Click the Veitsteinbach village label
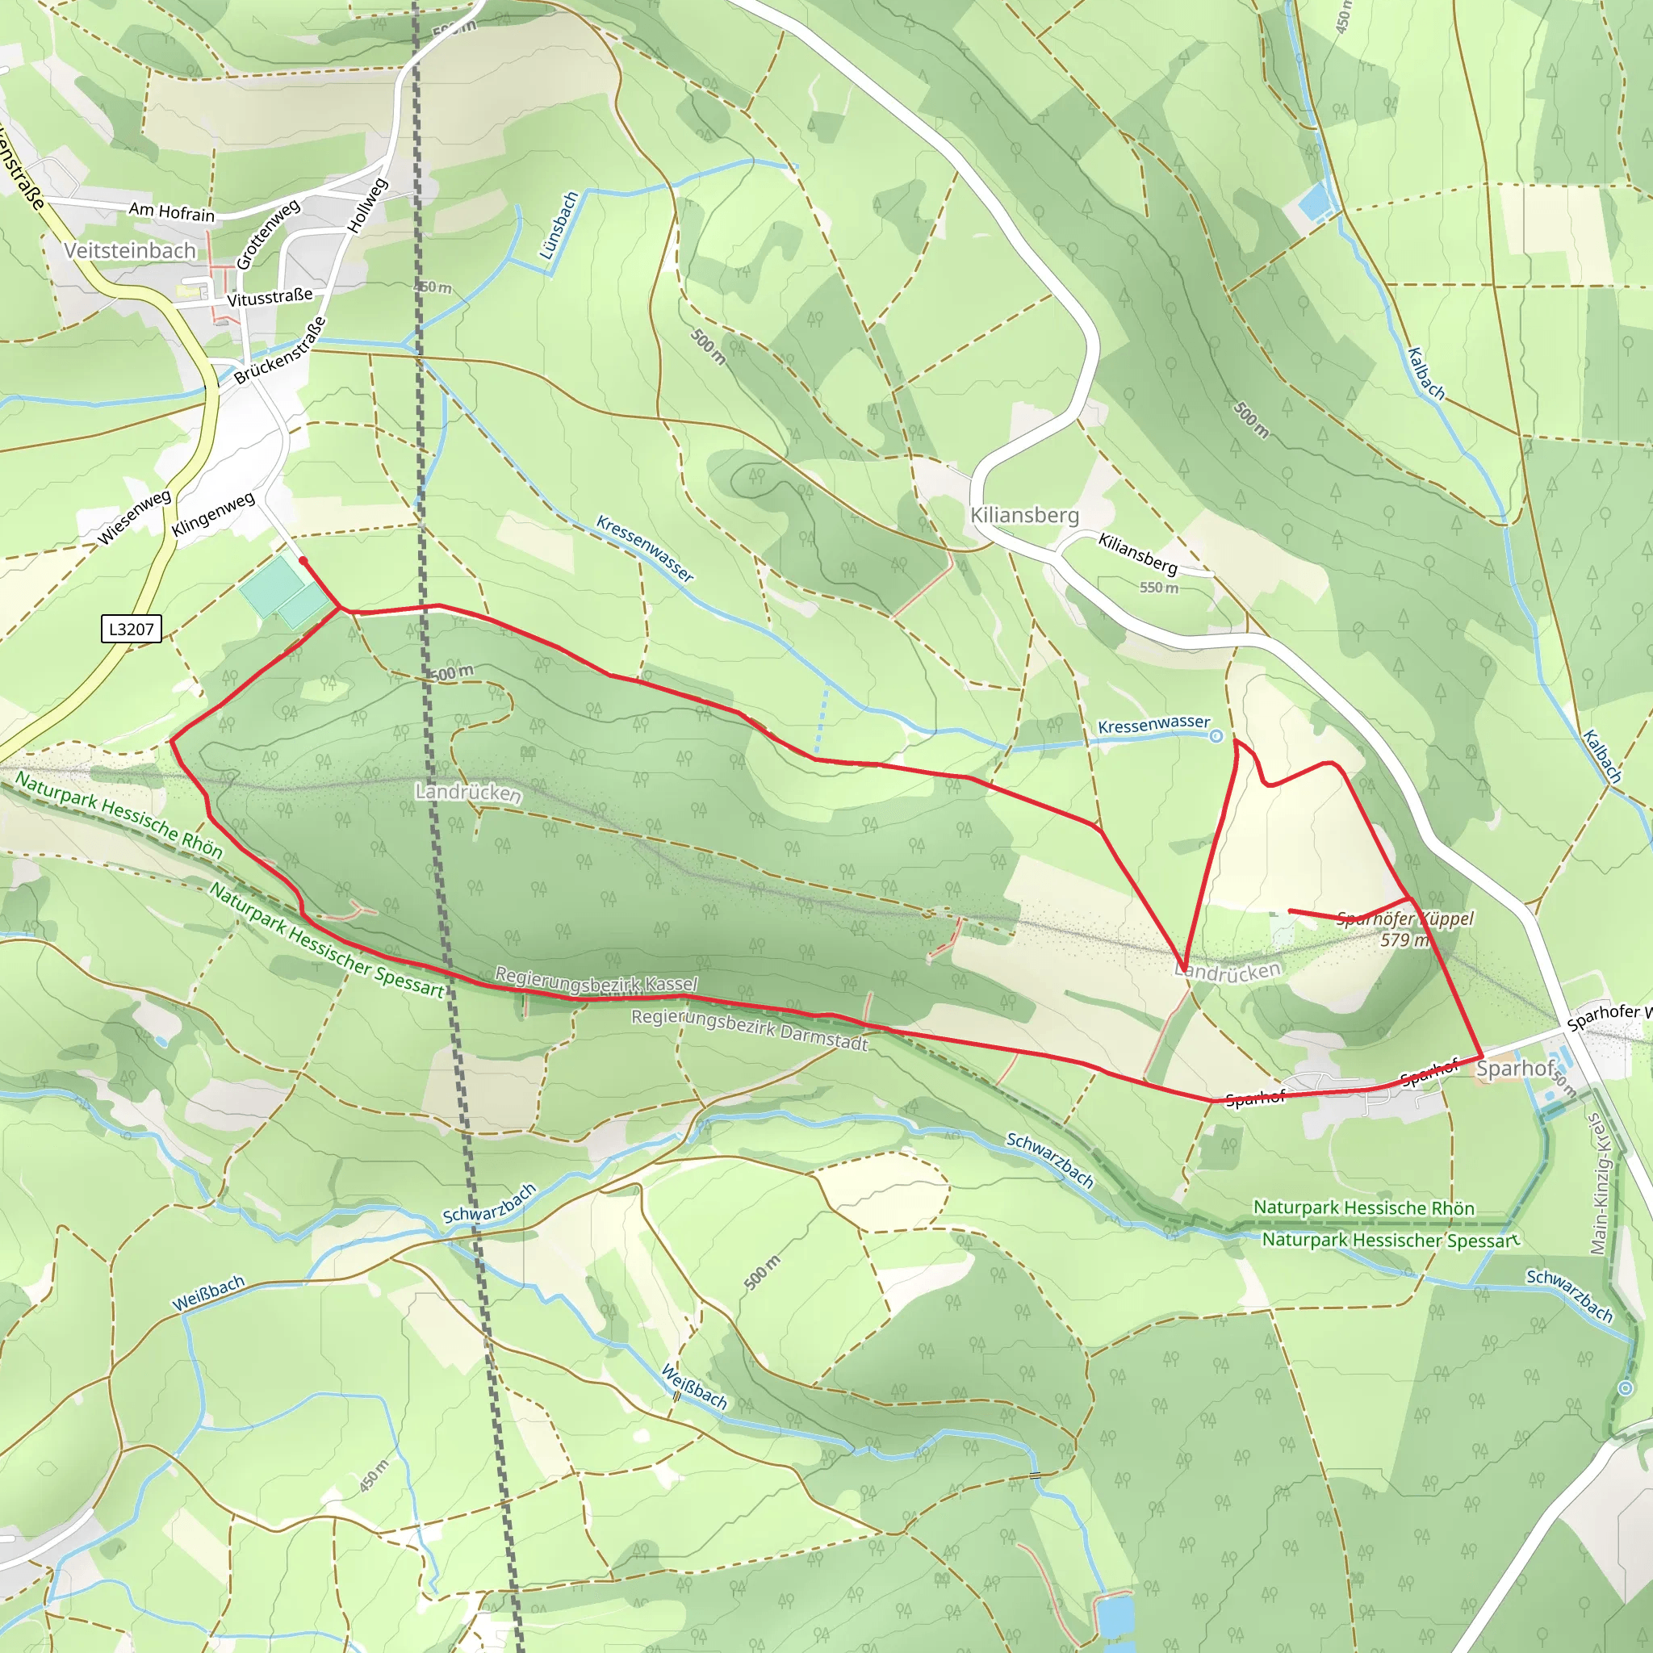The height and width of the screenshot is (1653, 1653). tap(130, 251)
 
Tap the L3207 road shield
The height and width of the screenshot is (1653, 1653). tap(131, 629)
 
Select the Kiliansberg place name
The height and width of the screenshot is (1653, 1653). tap(1024, 515)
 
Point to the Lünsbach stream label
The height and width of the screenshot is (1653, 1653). tap(559, 225)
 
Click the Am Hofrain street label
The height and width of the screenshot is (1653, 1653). tap(171, 211)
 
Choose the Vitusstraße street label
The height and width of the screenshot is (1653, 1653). tap(270, 298)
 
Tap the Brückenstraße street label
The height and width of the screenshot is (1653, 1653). tap(280, 351)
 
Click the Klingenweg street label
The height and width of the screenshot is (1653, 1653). tap(213, 514)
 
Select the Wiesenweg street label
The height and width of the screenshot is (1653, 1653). tap(134, 517)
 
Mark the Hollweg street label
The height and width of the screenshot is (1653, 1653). tap(367, 205)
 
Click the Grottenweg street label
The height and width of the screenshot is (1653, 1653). tap(268, 232)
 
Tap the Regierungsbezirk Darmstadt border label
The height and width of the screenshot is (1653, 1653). tap(750, 1029)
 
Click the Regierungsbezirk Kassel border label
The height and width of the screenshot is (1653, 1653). tap(596, 981)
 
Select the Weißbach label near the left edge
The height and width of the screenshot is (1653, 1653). tap(208, 1293)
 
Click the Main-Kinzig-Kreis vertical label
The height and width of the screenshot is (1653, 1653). tap(1598, 1184)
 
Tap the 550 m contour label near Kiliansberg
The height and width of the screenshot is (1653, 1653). tap(1158, 588)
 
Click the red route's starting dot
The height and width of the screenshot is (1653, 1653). tap(303, 560)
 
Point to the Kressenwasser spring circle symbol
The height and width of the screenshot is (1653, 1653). tap(1216, 736)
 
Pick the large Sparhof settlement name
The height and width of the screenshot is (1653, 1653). tap(1514, 1068)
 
